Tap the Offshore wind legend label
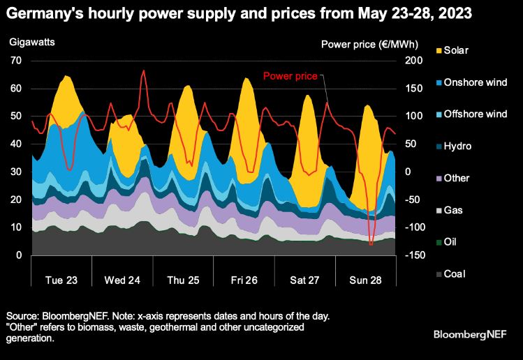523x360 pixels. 478,114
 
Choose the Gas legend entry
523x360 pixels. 455,210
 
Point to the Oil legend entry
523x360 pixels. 452,242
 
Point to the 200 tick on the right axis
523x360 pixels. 413,61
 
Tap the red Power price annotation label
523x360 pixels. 290,75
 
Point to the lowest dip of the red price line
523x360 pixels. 371,244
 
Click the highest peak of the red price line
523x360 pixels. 144,70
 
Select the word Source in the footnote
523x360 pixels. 22,316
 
